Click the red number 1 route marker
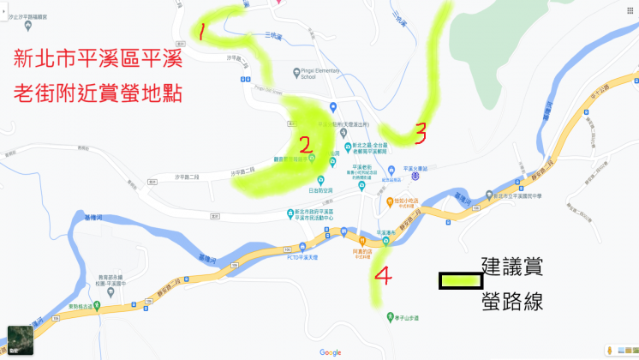[200, 33]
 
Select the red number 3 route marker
[421, 132]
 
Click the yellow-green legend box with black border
[461, 280]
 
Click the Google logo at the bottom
[330, 352]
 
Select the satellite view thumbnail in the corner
[20, 339]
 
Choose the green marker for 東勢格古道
[97, 306]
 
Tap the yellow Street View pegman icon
[609, 350]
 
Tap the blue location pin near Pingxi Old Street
[332, 107]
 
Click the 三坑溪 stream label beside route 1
[272, 34]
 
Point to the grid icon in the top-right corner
[630, 9]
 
